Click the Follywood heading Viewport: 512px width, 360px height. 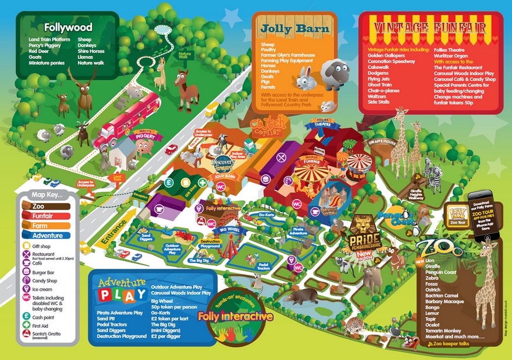[x=68, y=27]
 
